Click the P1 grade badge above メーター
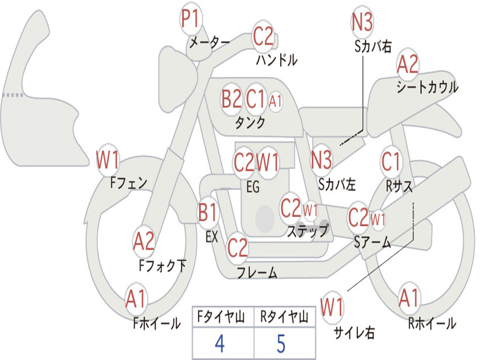click(x=191, y=19)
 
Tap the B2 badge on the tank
click(x=232, y=99)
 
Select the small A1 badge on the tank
click(x=275, y=101)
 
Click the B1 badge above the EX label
click(x=208, y=212)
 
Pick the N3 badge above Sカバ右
click(x=362, y=22)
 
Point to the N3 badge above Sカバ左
click(x=321, y=160)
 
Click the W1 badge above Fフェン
click(x=107, y=159)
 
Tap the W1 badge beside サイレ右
click(x=332, y=307)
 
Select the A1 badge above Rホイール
click(x=409, y=298)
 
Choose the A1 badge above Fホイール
click(x=136, y=299)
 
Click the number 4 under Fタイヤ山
click(x=220, y=344)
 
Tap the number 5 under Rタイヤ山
click(x=281, y=344)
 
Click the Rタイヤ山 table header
click(x=284, y=317)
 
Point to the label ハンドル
click(x=277, y=60)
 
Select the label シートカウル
click(x=427, y=87)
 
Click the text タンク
click(x=250, y=122)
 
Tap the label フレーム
click(x=257, y=272)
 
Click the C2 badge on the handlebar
click(x=263, y=36)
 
